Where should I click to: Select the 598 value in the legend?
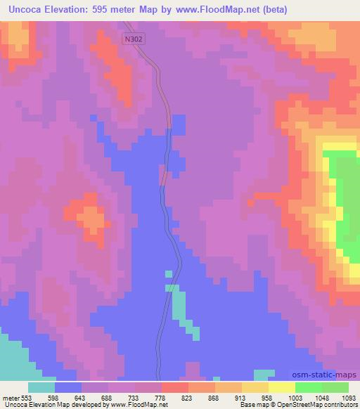pos(53,398)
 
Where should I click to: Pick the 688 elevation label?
pos(107,398)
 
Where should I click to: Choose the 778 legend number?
pos(160,398)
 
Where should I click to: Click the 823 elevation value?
pos(187,398)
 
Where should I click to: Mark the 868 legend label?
pos(214,398)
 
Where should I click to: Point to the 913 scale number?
pos(240,398)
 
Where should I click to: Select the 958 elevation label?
pos(267,398)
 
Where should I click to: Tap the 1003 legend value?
pos(295,398)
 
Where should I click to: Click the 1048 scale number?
pos(321,398)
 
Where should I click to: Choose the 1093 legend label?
pos(347,398)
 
